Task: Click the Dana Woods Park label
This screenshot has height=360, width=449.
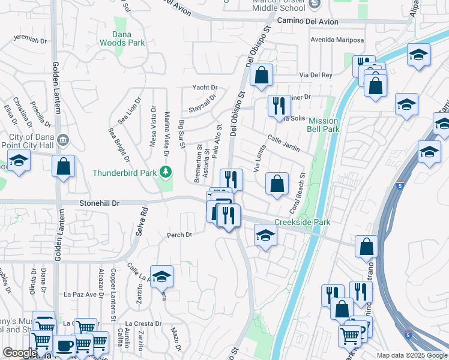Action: tap(128, 39)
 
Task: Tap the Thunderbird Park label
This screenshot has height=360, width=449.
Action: tap(124, 173)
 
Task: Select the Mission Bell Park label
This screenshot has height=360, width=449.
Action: tap(323, 125)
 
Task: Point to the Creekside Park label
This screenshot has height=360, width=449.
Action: tap(303, 223)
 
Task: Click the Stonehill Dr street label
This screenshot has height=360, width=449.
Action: tap(100, 203)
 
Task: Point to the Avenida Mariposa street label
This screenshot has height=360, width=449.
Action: tap(337, 40)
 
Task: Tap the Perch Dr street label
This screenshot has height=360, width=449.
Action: tap(179, 235)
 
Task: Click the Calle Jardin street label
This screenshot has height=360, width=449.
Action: tap(283, 142)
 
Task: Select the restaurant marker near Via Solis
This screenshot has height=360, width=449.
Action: tap(279, 106)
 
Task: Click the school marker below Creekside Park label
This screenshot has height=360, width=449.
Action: tap(265, 235)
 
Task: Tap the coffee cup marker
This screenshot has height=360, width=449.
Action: tap(65, 346)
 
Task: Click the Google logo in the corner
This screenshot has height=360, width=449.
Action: tap(19, 353)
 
